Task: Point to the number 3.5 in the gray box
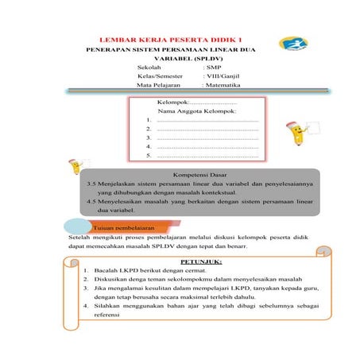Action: coord(91,184)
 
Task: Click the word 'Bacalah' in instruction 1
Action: coord(105,271)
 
